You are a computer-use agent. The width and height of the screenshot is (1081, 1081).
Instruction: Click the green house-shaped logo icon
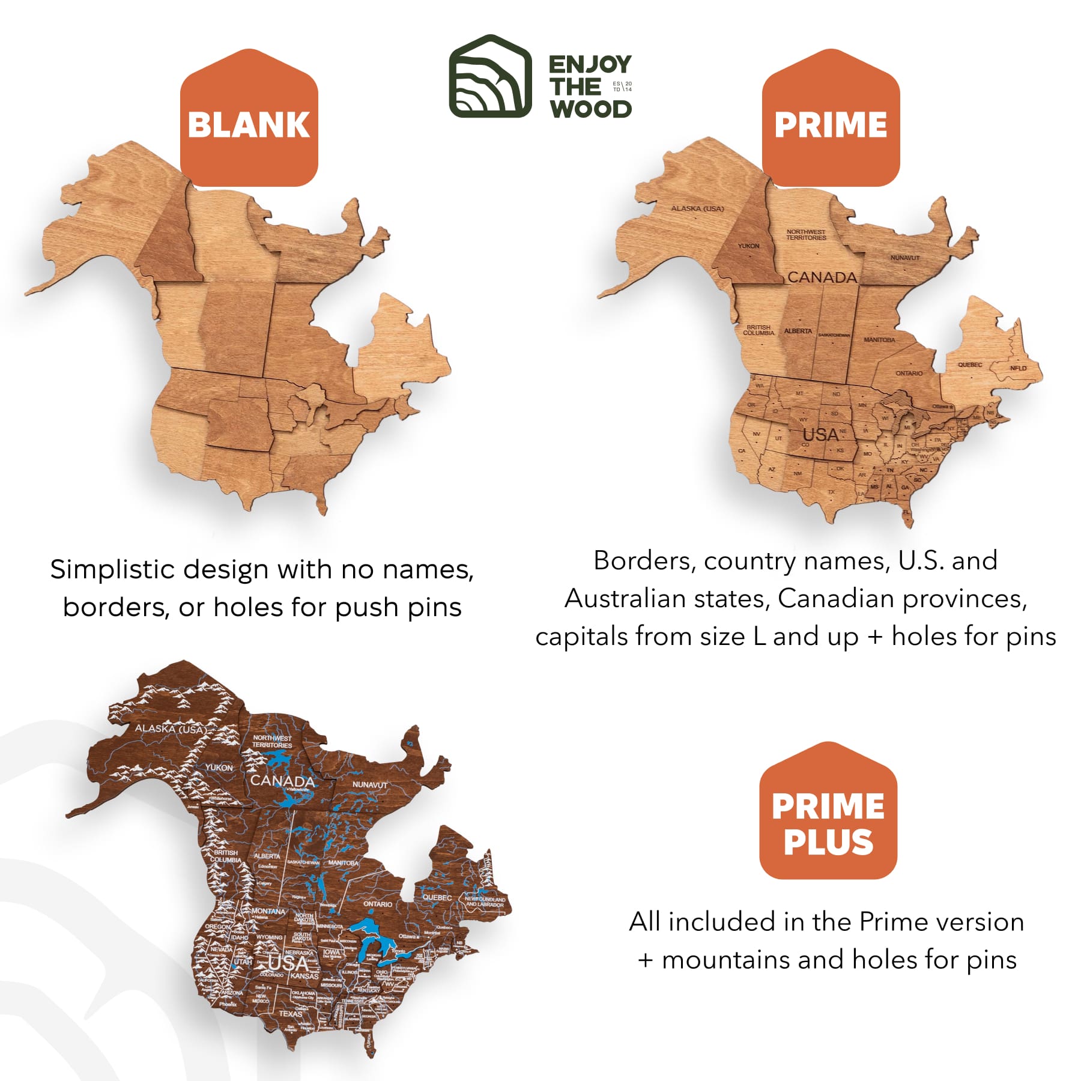click(x=490, y=77)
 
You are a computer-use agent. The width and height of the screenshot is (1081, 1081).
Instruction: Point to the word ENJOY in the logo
click(x=590, y=64)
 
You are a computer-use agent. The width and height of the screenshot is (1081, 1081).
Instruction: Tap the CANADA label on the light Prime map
click(x=822, y=277)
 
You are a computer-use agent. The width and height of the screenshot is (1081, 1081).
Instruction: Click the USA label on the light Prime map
click(x=820, y=435)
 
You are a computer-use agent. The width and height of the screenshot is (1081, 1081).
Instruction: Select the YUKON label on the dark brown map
click(x=219, y=768)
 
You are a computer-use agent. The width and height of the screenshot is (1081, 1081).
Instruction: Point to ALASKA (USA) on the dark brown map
click(x=170, y=728)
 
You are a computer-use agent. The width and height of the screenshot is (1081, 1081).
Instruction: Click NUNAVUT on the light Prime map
click(x=905, y=258)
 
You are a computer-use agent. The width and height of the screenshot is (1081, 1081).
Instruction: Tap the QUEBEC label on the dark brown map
click(x=437, y=897)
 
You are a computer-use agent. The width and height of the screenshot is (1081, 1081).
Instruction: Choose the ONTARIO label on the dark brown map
click(x=378, y=904)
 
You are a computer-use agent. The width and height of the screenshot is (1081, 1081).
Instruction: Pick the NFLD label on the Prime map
click(x=1018, y=368)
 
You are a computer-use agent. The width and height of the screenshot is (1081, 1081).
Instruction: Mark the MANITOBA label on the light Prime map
click(x=879, y=340)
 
